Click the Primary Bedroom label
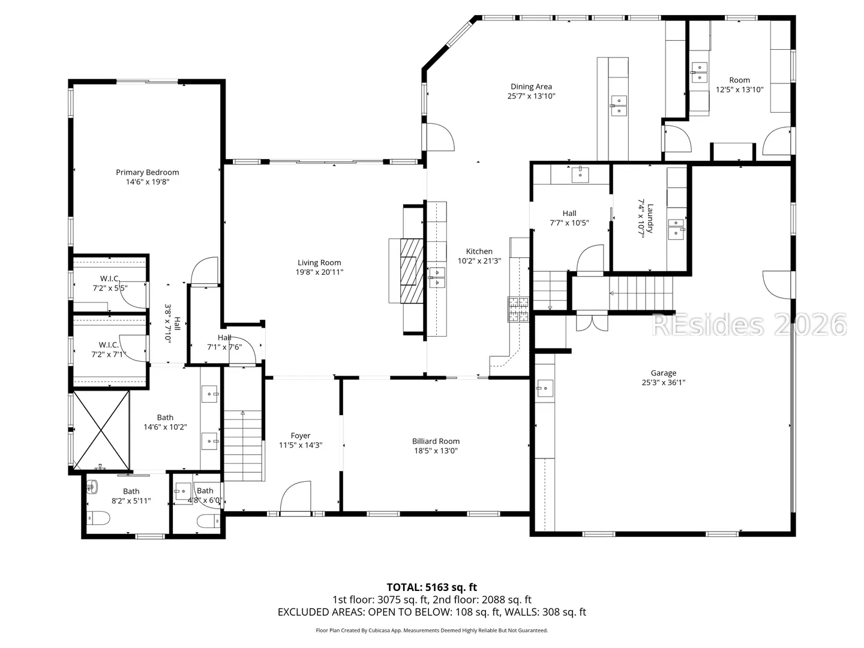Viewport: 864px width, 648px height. [147, 172]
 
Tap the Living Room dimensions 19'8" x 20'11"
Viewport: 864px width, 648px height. [319, 272]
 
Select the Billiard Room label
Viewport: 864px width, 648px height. [436, 442]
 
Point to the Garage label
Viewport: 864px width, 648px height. [663, 373]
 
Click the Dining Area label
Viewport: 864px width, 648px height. [531, 86]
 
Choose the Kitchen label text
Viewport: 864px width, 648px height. [479, 251]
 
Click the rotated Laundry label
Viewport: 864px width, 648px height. [650, 218]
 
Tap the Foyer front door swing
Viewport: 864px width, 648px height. [295, 497]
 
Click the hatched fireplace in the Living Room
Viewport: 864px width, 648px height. [412, 271]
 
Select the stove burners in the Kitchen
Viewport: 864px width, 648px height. [518, 309]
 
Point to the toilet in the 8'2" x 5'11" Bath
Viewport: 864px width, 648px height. [98, 518]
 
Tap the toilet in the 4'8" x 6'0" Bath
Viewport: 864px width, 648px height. [208, 521]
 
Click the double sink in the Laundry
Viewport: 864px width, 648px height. [676, 229]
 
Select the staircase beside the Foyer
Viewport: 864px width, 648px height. [243, 445]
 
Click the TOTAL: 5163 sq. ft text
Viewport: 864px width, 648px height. [431, 587]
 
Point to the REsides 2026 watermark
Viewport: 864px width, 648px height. [749, 325]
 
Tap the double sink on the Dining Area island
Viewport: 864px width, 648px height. [619, 106]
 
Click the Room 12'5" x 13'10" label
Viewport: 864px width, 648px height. [739, 85]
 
